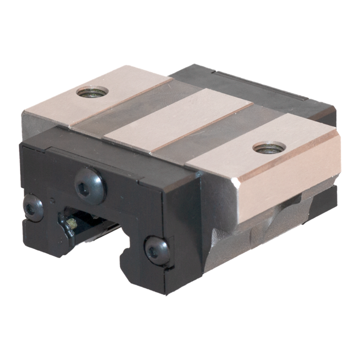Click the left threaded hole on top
coord(92,92)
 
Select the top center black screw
coord(90,186)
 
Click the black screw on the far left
coord(33,207)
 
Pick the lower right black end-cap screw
coord(157,250)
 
